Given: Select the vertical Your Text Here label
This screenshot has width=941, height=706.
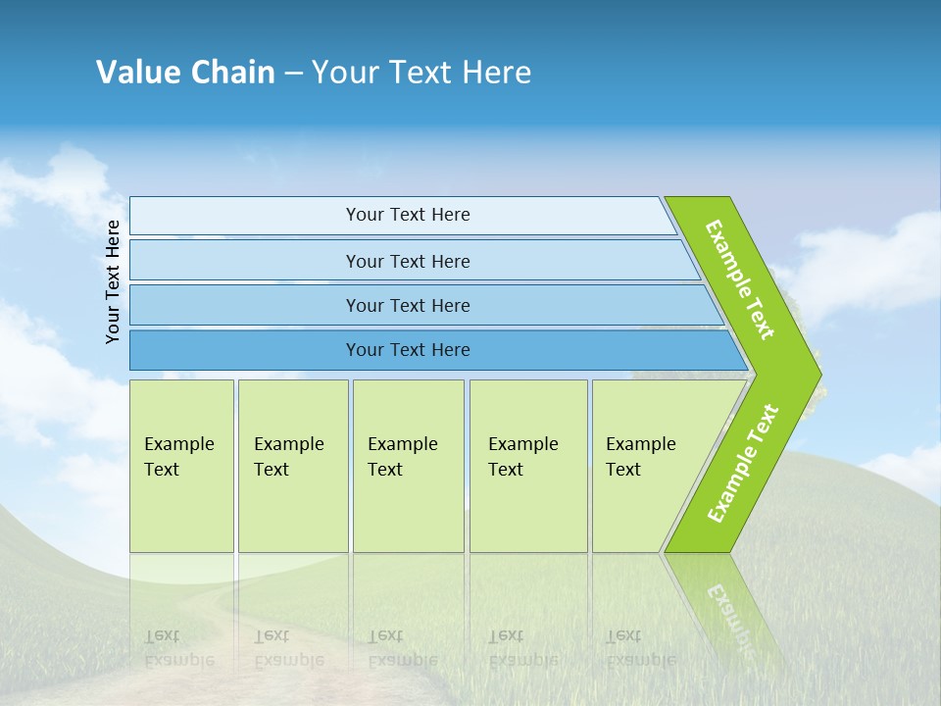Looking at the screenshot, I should coord(113,281).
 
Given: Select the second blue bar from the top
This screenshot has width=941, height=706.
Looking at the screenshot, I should coord(407,261).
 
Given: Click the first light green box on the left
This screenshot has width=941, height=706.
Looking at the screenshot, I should coord(181,466).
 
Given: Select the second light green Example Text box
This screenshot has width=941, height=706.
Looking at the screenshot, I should coord(292,466).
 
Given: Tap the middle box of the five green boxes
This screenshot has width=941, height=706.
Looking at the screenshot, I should coord(408,466).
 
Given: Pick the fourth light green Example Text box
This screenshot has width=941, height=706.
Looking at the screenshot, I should coord(528,466).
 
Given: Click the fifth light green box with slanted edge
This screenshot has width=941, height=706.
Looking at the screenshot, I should coord(647,466).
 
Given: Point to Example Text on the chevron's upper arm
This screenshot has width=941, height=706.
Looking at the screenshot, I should coord(740,279).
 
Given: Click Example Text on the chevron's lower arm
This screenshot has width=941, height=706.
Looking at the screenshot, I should coord(743,463).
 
